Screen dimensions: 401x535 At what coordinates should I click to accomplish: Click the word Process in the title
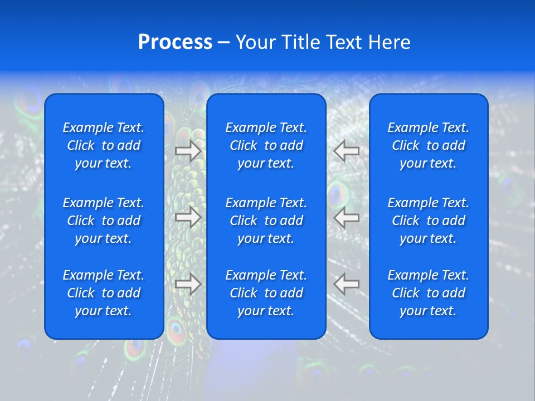175,42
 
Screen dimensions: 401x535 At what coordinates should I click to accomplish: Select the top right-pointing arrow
188,150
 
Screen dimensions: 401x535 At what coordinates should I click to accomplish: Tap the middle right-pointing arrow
188,217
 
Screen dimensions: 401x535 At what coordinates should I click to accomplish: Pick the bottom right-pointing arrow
188,284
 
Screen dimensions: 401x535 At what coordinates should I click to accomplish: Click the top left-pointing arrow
347,150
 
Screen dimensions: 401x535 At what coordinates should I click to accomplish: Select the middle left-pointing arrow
347,217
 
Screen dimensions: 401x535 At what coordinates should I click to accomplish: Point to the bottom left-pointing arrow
347,284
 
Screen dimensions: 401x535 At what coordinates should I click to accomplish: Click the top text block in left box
104,145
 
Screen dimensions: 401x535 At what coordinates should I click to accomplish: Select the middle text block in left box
104,221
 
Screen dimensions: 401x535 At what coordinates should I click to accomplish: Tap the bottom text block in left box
104,293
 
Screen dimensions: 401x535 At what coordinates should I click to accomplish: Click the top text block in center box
266,145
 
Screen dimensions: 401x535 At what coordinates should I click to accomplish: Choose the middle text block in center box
266,221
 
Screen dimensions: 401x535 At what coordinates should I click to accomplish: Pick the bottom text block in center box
266,293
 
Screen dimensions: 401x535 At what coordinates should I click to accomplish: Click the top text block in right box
428,145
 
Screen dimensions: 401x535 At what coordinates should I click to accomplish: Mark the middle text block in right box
428,221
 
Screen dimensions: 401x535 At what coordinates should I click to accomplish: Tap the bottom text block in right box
428,293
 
